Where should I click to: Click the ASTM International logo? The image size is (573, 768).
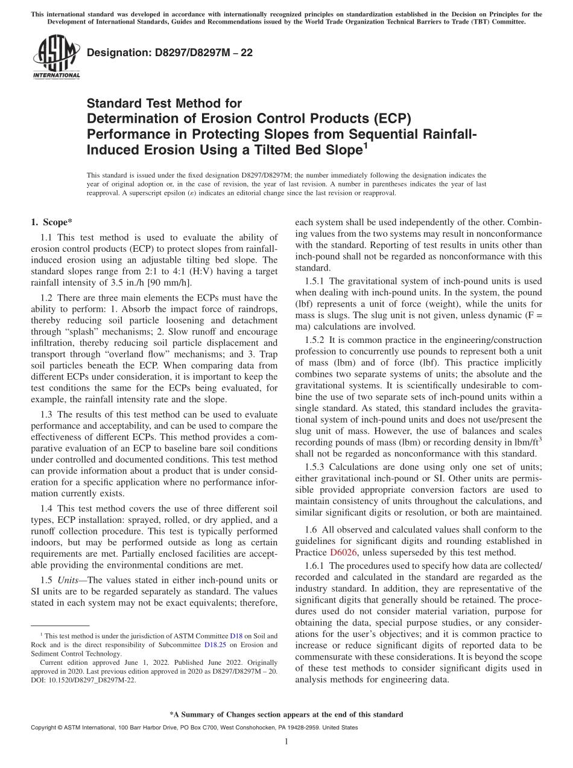pyautogui.click(x=56, y=57)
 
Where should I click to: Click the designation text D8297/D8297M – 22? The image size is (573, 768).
pyautogui.click(x=169, y=53)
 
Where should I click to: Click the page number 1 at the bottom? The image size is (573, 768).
pyautogui.click(x=286, y=743)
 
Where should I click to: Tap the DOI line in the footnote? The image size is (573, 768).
pyautogui.click(x=83, y=679)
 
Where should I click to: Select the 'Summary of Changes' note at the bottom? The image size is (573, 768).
pyautogui.click(x=286, y=714)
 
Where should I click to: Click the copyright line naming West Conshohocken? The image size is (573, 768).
pyautogui.click(x=194, y=728)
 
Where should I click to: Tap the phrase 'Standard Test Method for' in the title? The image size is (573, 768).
pyautogui.click(x=164, y=103)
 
